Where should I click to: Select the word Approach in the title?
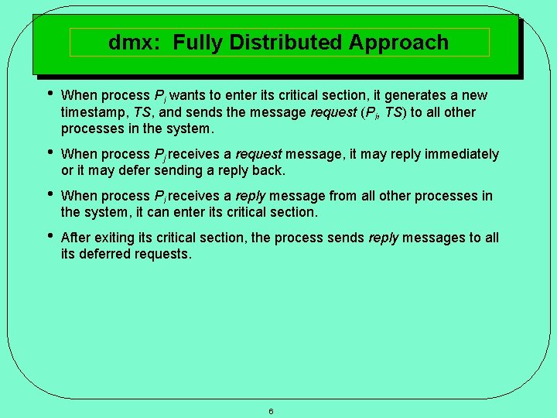coord(398,42)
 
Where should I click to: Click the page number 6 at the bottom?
coord(271,411)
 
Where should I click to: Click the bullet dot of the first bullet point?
coord(49,94)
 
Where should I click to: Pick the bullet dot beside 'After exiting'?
coord(49,236)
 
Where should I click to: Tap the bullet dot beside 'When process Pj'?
coord(49,153)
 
